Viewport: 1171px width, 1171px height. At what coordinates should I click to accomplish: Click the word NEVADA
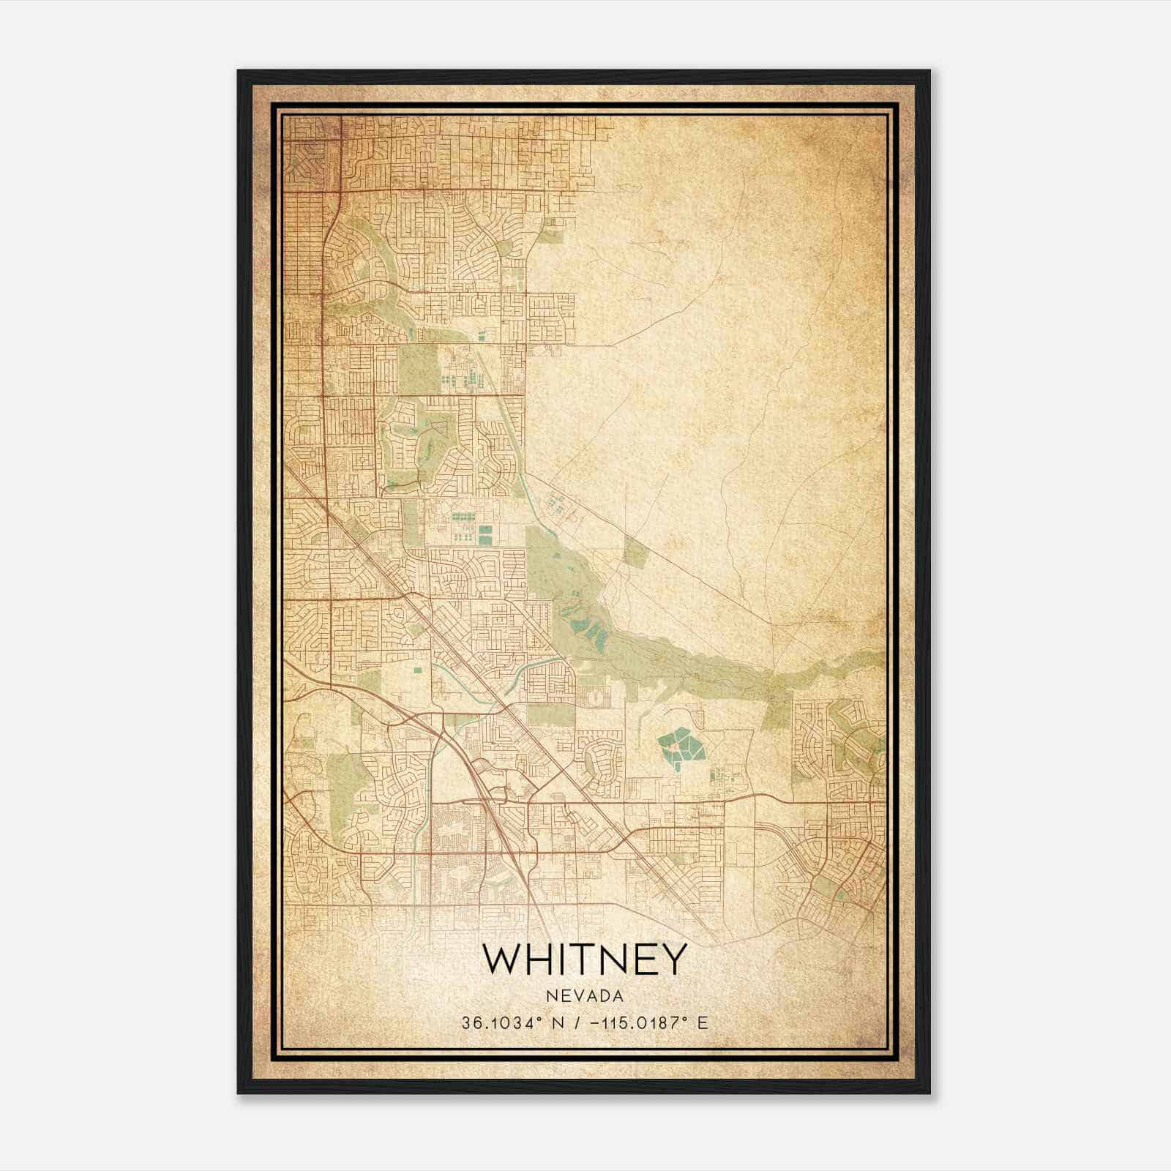point(585,996)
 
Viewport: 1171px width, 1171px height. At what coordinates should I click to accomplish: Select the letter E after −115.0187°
point(703,1023)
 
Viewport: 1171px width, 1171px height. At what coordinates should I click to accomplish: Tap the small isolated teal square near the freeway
point(418,669)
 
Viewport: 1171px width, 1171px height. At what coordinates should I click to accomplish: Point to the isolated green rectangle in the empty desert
point(635,550)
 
